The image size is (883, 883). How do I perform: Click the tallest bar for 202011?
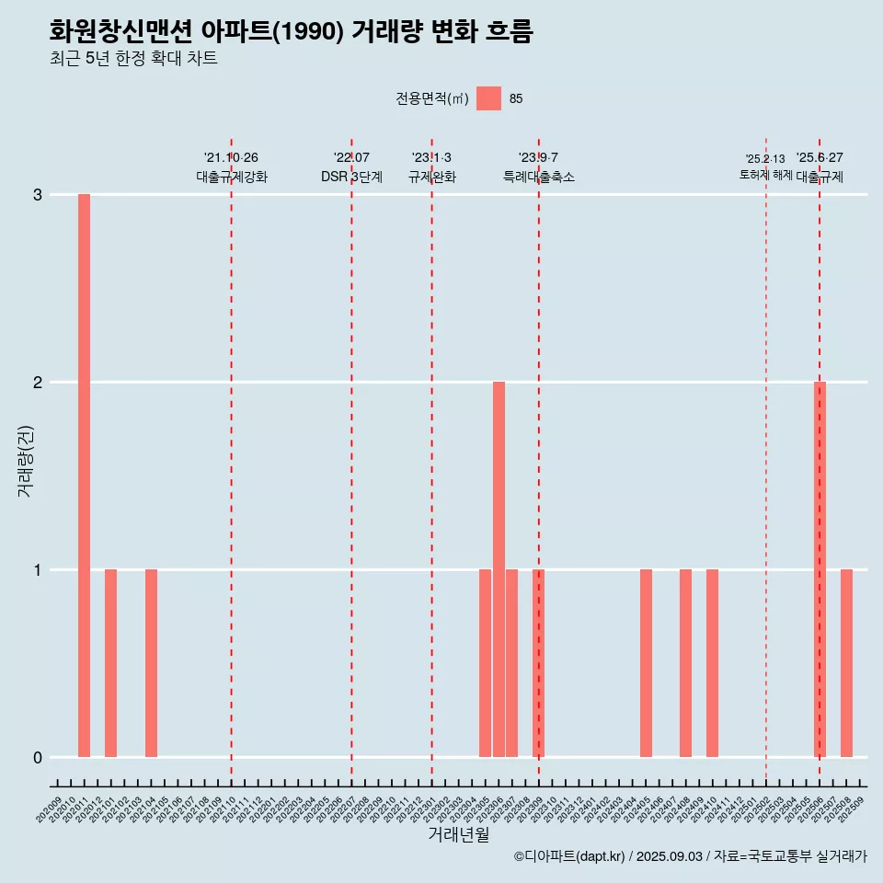pos(84,476)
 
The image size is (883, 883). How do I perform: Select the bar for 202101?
pos(110,663)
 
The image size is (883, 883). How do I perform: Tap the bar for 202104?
pos(151,663)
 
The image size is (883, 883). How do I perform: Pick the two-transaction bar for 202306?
pos(499,569)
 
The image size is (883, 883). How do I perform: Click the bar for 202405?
pos(646,663)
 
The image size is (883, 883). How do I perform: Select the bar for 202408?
pos(685,663)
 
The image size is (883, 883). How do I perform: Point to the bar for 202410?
pos(712,663)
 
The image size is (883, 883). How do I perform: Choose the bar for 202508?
pos(846,663)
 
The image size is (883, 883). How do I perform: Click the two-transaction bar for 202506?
pos(820,569)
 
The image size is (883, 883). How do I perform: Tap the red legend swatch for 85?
pos(489,98)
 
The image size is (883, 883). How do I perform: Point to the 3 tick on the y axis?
pos(38,195)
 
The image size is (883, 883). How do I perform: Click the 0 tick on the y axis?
pos(38,758)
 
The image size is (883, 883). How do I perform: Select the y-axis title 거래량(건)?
pos(26,461)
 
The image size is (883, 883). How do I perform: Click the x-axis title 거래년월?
pos(458,835)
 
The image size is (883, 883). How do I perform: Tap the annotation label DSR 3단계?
pos(351,177)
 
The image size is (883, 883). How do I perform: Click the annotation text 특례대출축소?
pos(539,177)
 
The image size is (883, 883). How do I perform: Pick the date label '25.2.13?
pos(765,159)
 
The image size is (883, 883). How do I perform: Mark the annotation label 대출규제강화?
pos(232,177)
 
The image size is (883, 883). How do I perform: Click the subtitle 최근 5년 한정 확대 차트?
pos(133,59)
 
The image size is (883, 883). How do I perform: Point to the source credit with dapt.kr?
pos(690,856)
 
